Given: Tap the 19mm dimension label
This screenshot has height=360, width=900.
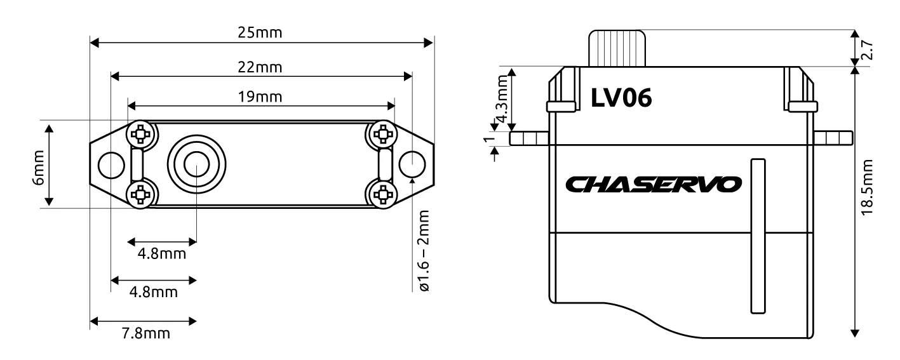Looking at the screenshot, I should click(262, 97).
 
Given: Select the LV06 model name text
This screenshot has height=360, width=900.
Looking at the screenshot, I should click(621, 98).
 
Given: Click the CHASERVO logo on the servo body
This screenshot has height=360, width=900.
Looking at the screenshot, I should click(653, 185).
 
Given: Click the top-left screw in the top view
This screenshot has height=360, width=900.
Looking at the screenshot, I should click(140, 134).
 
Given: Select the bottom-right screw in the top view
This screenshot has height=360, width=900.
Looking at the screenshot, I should click(383, 194).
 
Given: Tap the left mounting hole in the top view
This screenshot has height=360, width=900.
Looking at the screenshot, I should click(111, 165).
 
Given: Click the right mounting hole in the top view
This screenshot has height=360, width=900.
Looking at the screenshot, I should click(412, 165).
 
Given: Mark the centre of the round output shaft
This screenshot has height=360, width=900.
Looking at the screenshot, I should click(196, 165).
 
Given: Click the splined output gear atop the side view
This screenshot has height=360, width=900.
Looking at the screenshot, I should click(617, 48).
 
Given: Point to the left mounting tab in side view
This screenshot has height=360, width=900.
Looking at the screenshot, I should click(528, 138).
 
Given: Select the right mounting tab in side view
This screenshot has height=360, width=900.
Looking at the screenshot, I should click(833, 138).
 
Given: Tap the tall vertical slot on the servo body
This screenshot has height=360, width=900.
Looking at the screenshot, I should click(756, 236).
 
